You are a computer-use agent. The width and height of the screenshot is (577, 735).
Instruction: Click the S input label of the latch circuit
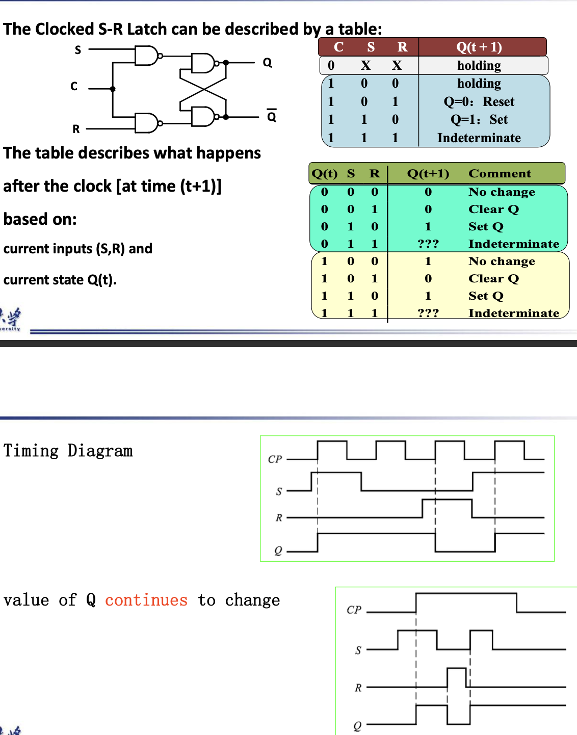click(78, 50)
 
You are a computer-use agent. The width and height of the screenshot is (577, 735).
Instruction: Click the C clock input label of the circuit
click(74, 86)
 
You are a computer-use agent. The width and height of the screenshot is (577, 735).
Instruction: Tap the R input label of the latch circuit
click(76, 129)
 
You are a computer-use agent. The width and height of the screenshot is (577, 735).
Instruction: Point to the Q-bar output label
click(272, 116)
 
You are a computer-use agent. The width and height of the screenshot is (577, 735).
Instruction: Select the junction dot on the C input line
click(113, 89)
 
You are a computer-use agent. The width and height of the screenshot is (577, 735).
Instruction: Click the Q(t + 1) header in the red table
click(479, 47)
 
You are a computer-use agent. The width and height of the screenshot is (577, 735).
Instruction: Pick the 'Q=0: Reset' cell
click(479, 101)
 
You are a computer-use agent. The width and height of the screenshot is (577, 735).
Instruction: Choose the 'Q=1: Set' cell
click(479, 119)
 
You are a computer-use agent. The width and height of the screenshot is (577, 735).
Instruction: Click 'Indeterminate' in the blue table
click(479, 138)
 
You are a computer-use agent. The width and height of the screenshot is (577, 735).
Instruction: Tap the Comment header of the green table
click(500, 173)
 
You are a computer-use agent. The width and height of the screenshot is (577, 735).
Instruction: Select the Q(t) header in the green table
click(324, 173)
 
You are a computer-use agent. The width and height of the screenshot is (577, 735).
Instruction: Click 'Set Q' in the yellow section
click(486, 296)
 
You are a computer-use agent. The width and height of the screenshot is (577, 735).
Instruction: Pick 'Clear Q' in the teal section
click(493, 209)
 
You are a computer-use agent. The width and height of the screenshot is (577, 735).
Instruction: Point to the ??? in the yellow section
click(428, 313)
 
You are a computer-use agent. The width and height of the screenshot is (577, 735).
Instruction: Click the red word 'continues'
click(146, 600)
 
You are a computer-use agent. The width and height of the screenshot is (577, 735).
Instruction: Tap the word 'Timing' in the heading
click(31, 451)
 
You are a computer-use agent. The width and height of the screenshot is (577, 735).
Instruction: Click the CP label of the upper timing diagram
click(275, 459)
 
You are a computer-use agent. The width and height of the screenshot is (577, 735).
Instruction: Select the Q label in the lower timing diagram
click(357, 725)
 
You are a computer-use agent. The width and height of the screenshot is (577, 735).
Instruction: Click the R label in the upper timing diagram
click(279, 517)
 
